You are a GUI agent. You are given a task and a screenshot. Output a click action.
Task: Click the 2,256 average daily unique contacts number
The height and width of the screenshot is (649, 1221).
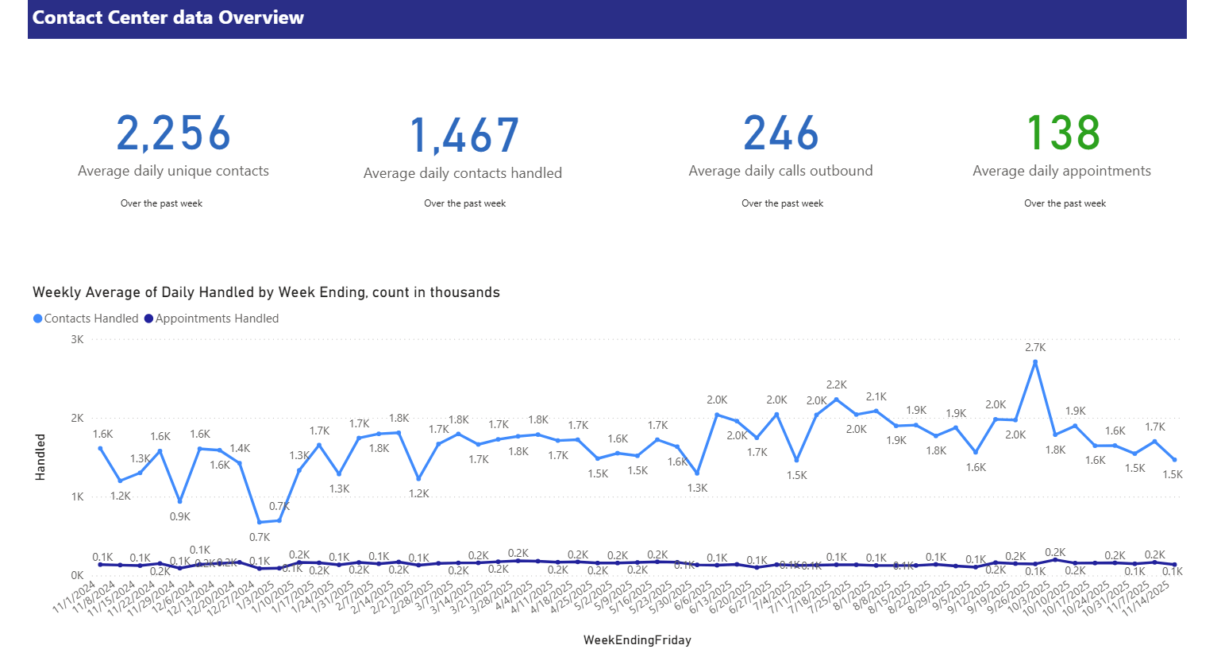point(173,133)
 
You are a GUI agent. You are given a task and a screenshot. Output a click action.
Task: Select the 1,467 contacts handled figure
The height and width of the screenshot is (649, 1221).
point(464,136)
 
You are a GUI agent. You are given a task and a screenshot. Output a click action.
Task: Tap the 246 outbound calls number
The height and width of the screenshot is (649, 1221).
point(780,133)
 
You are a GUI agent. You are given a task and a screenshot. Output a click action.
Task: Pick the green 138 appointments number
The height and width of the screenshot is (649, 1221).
point(1063,133)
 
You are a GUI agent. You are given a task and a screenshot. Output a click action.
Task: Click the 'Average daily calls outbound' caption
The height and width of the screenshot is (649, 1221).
point(780,171)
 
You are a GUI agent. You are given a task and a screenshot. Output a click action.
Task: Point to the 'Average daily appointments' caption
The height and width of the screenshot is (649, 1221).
point(1061,171)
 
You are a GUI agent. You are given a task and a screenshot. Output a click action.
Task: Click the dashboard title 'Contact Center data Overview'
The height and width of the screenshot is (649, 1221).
point(168,17)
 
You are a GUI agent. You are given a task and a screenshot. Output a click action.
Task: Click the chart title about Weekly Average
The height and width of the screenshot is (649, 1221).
point(266,292)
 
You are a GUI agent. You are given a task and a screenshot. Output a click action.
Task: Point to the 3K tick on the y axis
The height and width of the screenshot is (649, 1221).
point(77,339)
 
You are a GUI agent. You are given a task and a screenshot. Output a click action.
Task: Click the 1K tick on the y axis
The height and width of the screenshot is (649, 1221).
point(77,496)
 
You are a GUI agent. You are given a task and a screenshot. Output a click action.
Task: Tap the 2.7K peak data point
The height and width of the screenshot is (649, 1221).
point(1035,362)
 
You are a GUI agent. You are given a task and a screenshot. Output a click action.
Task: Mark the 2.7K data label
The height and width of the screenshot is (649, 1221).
point(1035,347)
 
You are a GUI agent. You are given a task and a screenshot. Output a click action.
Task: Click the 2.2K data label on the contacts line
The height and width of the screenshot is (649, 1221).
point(836,384)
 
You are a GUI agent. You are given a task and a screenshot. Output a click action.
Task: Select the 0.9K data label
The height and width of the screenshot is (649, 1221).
point(180,516)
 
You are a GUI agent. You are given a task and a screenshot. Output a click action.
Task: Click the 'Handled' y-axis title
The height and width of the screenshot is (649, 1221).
point(40,457)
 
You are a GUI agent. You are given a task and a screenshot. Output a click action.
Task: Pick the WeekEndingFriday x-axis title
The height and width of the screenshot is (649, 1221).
point(637,640)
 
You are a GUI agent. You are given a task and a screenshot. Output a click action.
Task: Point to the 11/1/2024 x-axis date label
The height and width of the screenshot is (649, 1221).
point(75,597)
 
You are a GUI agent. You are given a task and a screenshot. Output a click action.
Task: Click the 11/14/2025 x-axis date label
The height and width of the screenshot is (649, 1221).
point(1148,598)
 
